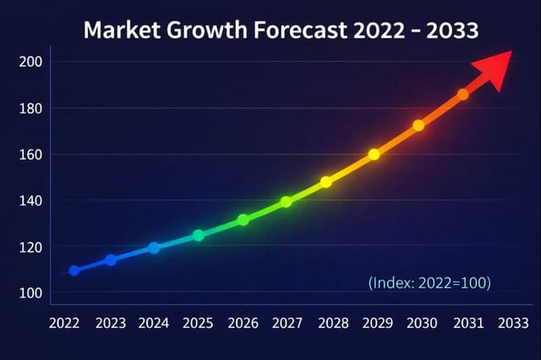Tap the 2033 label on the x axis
point(515,323)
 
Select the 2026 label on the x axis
point(243,323)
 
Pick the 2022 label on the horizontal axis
point(65,323)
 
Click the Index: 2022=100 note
point(429,282)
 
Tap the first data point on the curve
point(74,270)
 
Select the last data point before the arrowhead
point(462,95)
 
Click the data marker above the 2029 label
point(374,155)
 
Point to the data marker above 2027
point(287,202)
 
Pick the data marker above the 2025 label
point(199,235)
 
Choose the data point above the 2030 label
point(418,125)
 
